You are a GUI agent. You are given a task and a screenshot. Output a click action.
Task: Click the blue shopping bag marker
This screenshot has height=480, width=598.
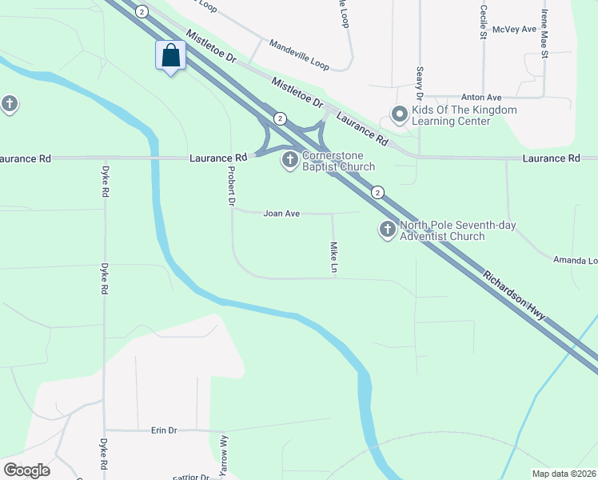170,56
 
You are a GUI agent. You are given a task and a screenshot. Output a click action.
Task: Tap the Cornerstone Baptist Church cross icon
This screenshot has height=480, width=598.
289,162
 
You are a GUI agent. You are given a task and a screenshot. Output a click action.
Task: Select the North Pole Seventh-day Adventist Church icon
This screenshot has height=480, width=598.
387,230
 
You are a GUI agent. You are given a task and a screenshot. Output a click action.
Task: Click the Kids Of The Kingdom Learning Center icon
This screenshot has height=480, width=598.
399,115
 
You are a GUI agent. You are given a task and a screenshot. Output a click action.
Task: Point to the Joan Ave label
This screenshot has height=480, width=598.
281,214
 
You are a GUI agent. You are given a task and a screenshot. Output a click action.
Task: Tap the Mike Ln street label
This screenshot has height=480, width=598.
333,258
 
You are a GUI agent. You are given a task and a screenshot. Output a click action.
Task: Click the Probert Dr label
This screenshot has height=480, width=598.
231,187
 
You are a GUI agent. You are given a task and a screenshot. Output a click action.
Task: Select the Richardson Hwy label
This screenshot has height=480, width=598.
515,295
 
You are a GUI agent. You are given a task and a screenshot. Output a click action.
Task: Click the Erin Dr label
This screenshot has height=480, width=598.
163,430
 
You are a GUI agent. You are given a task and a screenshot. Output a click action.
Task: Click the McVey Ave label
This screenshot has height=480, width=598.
514,29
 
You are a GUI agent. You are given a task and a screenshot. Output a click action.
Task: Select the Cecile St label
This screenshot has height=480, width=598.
484,22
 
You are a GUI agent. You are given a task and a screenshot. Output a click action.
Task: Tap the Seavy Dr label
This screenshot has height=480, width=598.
419,83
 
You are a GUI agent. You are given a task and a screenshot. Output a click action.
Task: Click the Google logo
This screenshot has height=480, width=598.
26,470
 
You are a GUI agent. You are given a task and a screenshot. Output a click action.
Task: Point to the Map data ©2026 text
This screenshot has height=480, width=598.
564,474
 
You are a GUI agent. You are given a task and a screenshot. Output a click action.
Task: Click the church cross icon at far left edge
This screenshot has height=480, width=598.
9,104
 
